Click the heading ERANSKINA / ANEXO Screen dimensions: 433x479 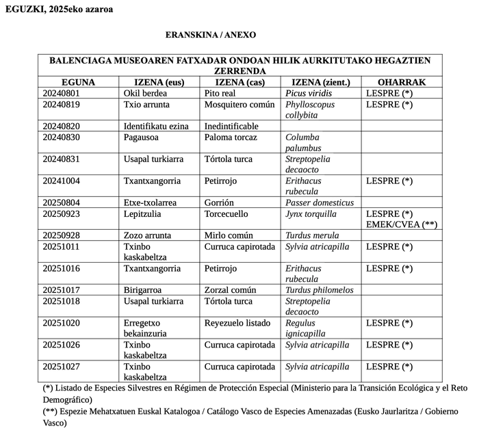(x=210, y=34)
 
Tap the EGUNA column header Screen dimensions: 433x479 (x=78, y=82)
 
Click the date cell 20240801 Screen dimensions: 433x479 (x=62, y=93)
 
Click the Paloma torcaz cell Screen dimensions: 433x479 (x=231, y=137)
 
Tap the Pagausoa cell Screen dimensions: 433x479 (x=142, y=137)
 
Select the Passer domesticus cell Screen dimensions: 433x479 (x=320, y=202)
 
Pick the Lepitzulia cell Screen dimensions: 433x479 (x=142, y=213)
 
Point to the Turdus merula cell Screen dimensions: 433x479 (x=313, y=235)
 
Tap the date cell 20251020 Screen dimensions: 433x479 (x=62, y=323)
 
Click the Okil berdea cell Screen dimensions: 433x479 (x=146, y=93)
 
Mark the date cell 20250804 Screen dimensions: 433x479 (x=62, y=202)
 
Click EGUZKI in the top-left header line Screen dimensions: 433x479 (x=21, y=9)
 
